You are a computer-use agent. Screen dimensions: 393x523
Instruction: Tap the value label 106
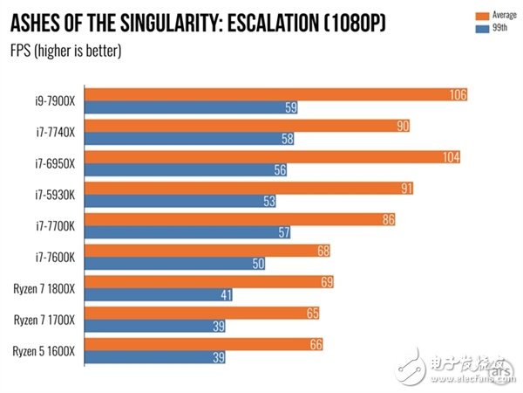pos(458,93)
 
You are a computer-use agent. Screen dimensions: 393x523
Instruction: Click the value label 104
pos(449,156)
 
